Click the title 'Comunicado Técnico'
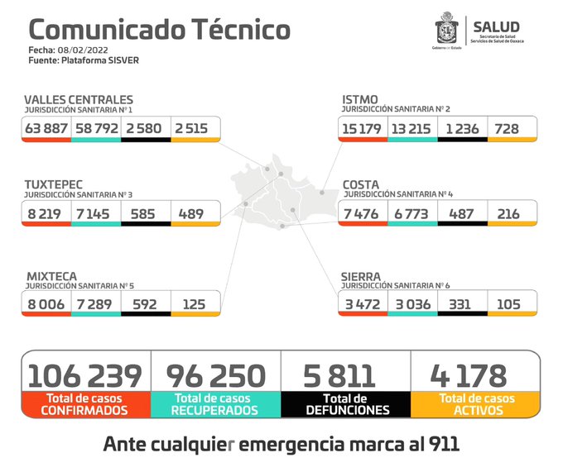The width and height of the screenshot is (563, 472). tap(159, 30)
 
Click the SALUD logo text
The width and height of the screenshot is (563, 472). tap(497, 26)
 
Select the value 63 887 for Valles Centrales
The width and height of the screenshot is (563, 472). tap(46, 128)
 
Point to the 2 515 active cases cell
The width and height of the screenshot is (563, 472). tap(196, 128)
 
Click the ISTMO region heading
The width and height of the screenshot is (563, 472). tap(360, 100)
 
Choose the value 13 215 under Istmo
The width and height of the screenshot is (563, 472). tap(411, 128)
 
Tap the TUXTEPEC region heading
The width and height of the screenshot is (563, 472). tap(54, 184)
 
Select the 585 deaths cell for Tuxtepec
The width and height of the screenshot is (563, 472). tap(146, 213)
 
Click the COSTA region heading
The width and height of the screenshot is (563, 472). tap(362, 184)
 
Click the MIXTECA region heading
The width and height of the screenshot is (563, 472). tap(51, 276)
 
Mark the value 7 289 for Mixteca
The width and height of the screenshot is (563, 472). tap(96, 304)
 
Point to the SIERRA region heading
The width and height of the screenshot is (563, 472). tap(362, 276)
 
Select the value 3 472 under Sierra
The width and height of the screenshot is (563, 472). tap(363, 304)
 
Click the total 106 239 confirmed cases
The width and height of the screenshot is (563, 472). tap(85, 375)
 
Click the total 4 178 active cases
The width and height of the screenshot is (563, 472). tap(468, 375)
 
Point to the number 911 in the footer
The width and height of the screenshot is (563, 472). tap(437, 445)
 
